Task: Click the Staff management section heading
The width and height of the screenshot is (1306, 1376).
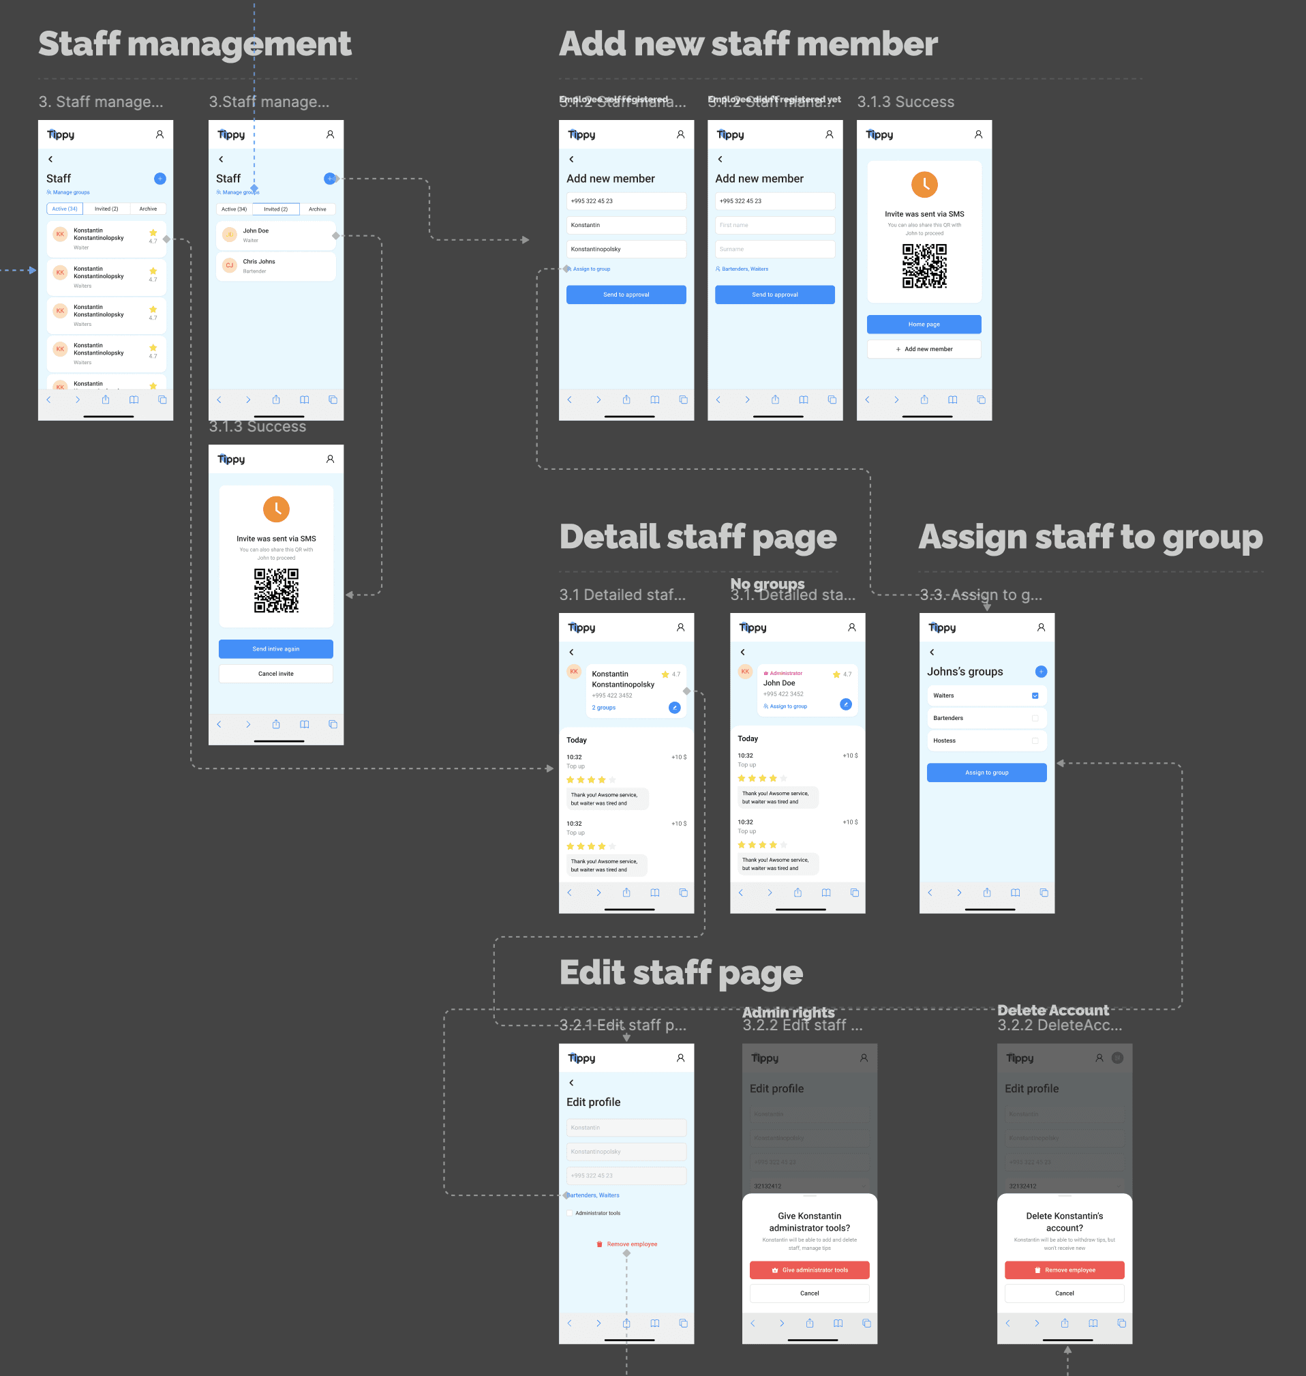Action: point(194,44)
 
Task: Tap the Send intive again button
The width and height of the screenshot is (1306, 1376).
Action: point(275,649)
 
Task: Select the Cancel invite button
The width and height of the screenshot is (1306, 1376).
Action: point(275,674)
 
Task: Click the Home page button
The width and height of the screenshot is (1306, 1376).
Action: point(924,325)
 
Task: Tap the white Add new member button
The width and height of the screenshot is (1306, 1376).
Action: point(924,349)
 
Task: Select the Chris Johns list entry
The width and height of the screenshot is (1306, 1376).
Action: point(275,265)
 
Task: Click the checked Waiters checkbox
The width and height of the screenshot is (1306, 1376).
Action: point(1035,696)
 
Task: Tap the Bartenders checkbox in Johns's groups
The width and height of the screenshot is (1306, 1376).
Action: point(1035,718)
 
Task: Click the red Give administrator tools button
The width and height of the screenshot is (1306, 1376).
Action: point(809,1270)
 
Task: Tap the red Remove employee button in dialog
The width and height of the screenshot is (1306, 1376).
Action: point(1064,1270)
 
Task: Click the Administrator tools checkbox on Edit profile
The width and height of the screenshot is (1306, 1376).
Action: point(570,1213)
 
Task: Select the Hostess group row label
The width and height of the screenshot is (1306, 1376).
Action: point(944,741)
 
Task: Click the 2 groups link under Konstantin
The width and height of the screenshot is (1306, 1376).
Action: point(603,708)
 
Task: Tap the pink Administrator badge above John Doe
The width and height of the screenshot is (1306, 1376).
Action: point(785,674)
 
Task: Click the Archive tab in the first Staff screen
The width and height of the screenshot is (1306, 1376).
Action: point(148,209)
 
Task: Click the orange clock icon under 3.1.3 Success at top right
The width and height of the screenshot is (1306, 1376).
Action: point(924,185)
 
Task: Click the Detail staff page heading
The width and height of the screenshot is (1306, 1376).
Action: point(697,537)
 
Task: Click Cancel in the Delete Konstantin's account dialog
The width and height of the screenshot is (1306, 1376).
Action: point(1064,1293)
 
